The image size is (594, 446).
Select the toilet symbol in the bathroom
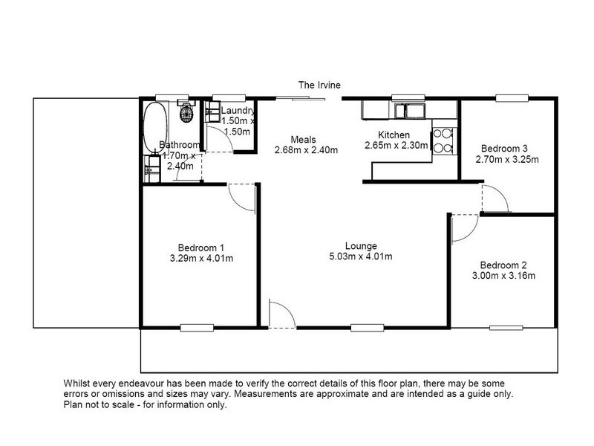[x=188, y=114]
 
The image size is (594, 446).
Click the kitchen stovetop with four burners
[x=443, y=140]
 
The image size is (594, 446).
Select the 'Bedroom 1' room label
[x=200, y=248]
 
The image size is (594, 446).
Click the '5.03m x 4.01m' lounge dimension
[x=362, y=257]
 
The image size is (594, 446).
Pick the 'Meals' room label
[x=304, y=139]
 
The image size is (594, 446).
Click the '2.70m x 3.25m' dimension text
[x=507, y=158]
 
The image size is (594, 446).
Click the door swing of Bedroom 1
[x=242, y=197]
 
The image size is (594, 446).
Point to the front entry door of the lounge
[x=281, y=312]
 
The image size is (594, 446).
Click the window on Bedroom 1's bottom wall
[x=194, y=326]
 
